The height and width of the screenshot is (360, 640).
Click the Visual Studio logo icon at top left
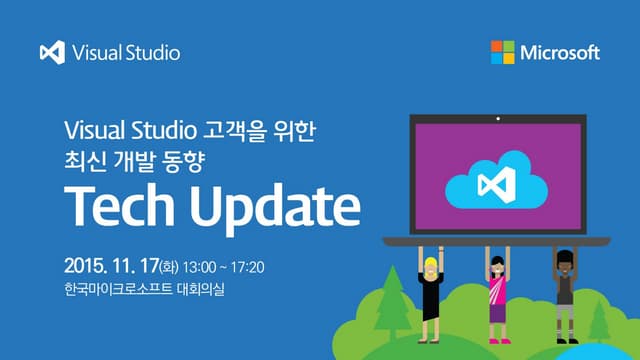pyautogui.click(x=52, y=52)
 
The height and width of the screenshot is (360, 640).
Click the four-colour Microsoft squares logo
pyautogui.click(x=503, y=52)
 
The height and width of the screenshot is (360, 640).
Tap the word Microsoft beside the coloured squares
pyautogui.click(x=560, y=52)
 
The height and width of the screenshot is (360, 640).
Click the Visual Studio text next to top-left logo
pyautogui.click(x=126, y=52)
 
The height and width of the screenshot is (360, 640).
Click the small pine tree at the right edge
pyautogui.click(x=600, y=322)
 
